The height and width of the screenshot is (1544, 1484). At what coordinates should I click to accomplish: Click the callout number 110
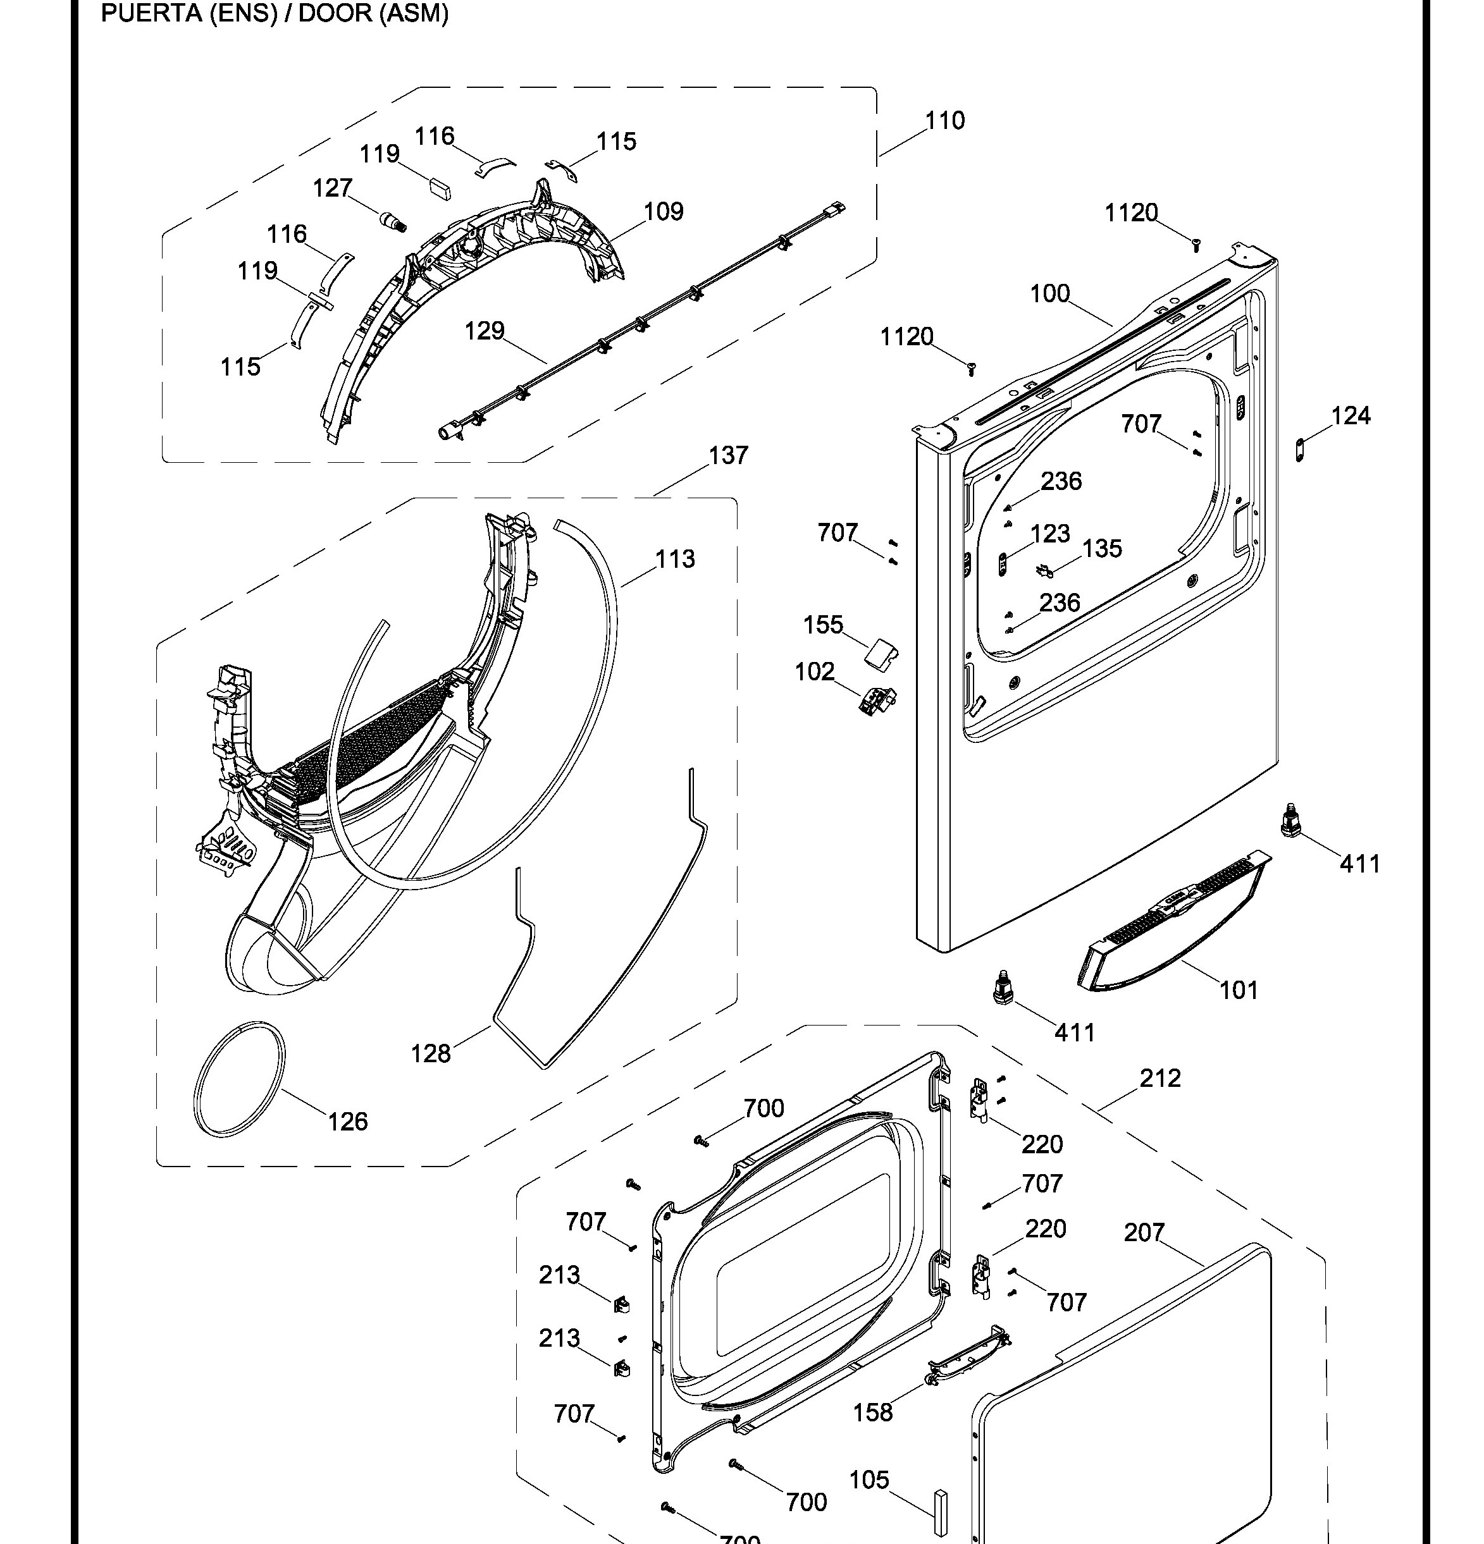coord(944,121)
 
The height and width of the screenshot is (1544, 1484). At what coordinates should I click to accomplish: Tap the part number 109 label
coord(663,211)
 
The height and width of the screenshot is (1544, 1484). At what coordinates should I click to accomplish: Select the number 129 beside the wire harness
coord(484,330)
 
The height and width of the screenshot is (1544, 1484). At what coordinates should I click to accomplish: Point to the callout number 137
coord(727,455)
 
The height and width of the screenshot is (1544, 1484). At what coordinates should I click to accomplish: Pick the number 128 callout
coord(430,1053)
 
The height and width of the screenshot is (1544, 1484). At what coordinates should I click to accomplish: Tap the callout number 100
coord(1050,294)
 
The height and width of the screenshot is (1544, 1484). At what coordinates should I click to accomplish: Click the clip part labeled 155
coord(882,653)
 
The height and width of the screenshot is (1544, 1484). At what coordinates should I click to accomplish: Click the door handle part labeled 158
coord(968,1356)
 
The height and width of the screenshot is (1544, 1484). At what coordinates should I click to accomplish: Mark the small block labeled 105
coord(939,1512)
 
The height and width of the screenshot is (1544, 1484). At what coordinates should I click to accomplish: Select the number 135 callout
coord(1102,548)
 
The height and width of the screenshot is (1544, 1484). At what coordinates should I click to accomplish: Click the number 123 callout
coord(1050,533)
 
